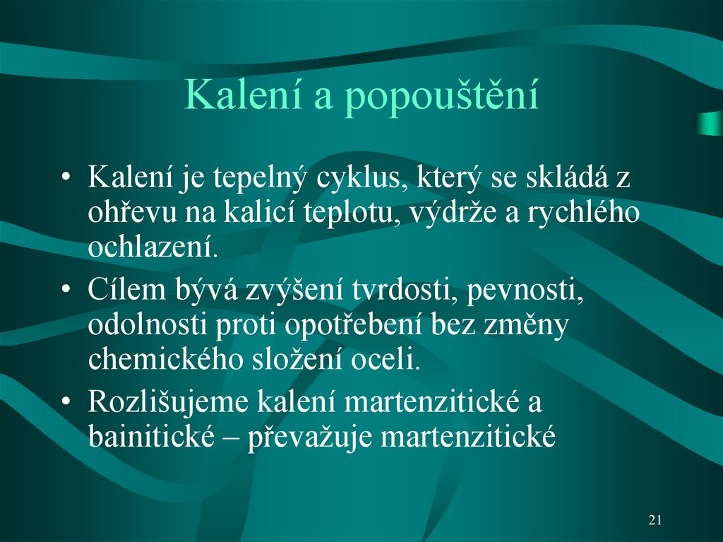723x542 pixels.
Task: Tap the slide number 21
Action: [655, 521]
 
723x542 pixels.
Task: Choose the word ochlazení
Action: [150, 247]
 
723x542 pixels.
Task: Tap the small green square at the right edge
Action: [709, 124]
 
